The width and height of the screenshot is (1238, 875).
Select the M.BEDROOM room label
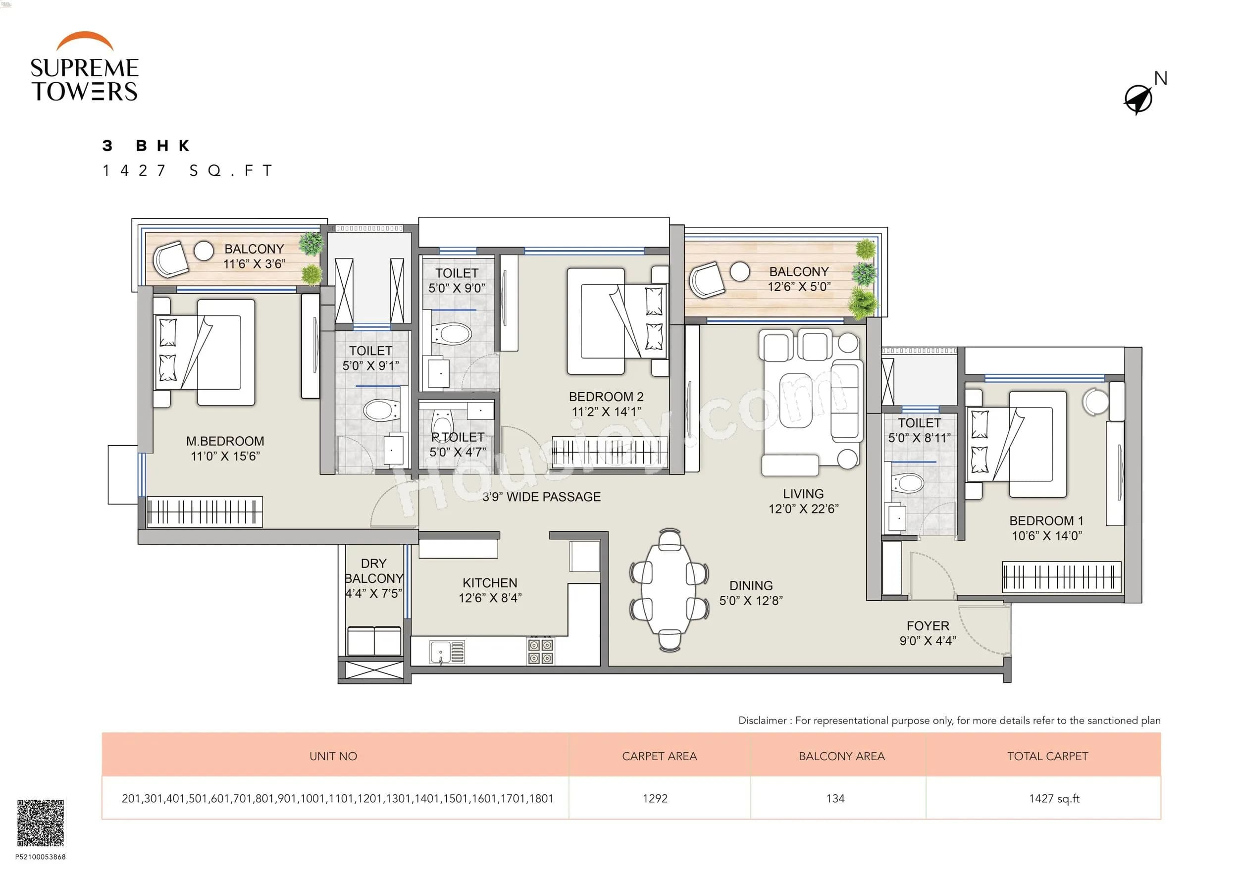coord(225,442)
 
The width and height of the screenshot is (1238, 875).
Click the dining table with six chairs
coord(669,590)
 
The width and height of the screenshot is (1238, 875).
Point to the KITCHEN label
coord(490,583)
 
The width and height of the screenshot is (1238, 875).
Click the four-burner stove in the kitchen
coord(540,651)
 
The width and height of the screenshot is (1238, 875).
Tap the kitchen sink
coord(447,652)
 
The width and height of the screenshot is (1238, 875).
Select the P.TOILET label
coord(458,437)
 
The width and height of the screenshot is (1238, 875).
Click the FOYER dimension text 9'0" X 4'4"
coord(928,640)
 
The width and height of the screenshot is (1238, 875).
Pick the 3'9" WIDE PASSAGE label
coord(541,497)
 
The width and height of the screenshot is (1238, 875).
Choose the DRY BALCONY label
coord(374,571)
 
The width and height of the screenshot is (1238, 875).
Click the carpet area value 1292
coord(655,798)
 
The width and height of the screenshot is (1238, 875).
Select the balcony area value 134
coord(835,798)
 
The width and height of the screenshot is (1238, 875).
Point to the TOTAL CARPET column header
coord(1047,756)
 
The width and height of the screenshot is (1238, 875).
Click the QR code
coord(41,822)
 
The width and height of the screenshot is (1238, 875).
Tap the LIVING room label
coord(803,494)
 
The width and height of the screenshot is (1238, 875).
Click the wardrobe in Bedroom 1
coord(1061,577)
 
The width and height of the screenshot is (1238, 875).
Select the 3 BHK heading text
coord(146,146)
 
